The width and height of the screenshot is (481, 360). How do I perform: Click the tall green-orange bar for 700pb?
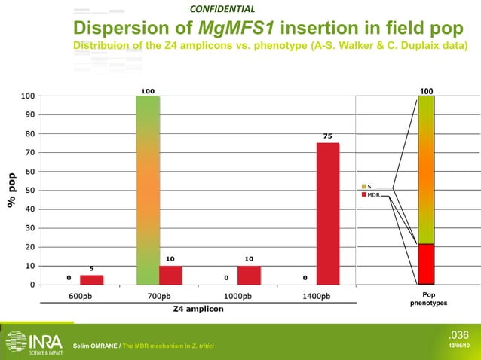pos(148,190)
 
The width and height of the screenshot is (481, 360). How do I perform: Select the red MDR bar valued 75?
pos(327,213)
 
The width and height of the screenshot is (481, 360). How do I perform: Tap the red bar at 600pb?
pos(91,279)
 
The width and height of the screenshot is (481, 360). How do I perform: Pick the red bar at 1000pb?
pos(248,275)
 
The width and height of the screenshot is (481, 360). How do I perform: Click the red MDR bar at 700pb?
pos(170,275)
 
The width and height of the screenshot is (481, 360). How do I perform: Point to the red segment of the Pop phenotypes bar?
pos(426,264)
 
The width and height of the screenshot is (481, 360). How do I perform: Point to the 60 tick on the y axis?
pos(28,172)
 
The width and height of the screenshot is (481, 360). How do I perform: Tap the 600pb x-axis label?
pos(81,296)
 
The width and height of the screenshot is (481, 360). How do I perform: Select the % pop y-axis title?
pos(11,191)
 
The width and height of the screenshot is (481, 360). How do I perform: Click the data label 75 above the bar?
pos(327,136)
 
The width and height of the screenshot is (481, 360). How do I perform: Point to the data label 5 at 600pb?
pos(91,268)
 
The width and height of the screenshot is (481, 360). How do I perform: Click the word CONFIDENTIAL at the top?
pos(222,9)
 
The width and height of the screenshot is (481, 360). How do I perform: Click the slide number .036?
pos(458,334)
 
